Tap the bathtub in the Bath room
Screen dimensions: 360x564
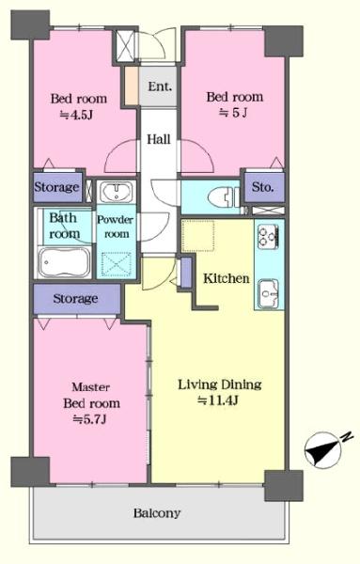65,262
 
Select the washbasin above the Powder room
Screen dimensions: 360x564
116,192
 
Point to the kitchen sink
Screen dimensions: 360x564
268,292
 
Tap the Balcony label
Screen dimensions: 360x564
156,513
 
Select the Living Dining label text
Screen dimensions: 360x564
220,384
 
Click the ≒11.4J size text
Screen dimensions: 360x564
218,400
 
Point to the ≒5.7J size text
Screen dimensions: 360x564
89,419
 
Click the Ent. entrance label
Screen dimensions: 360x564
160,86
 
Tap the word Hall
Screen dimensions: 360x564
158,139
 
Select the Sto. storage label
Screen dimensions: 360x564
263,187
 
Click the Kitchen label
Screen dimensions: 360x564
227,278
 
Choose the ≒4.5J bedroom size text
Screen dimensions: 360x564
76,115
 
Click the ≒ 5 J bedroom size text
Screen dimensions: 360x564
233,113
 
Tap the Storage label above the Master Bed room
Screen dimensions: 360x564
75,299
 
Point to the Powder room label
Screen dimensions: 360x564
116,227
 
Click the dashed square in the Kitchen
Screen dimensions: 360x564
198,236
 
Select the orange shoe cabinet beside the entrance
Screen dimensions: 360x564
132,86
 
